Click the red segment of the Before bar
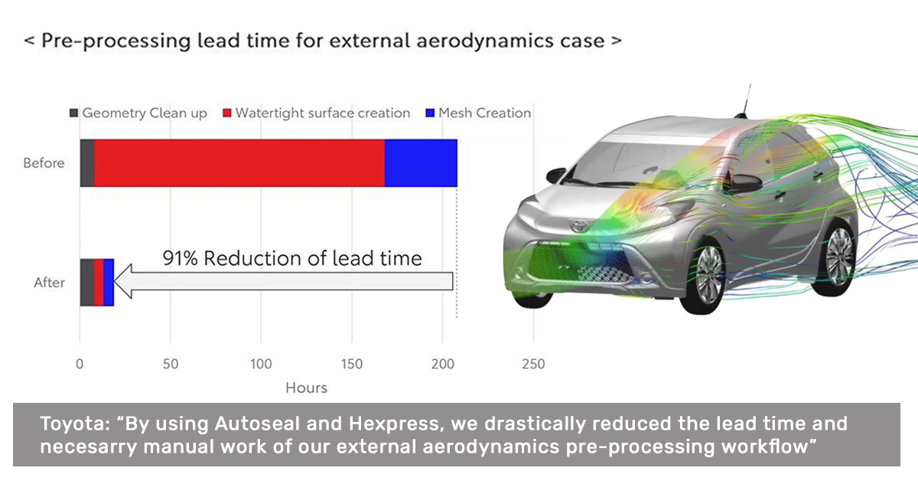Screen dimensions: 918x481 point(239,163)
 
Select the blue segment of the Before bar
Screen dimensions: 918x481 point(421,163)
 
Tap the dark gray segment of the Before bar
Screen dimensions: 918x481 point(87,163)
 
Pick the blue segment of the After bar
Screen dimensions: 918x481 point(109,283)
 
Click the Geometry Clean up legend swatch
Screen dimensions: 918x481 point(73,113)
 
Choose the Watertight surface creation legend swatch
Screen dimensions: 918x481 point(227,113)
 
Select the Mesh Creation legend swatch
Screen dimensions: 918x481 point(430,113)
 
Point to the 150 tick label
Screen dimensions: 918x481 point(352,364)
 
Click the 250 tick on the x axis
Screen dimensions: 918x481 point(533,364)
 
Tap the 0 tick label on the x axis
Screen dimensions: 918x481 point(80,364)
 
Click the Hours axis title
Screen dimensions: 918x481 point(307,388)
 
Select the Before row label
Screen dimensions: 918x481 point(44,163)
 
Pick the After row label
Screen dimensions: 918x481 point(49,283)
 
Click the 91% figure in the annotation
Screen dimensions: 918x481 point(181,259)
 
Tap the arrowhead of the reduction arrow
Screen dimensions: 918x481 point(122,281)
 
